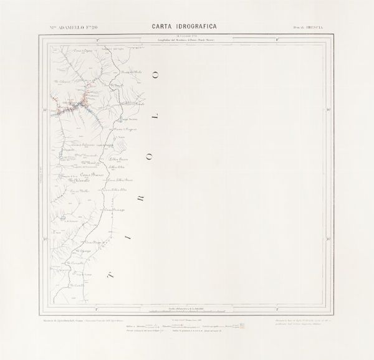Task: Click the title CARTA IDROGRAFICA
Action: (186, 26)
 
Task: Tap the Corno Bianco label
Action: (85, 176)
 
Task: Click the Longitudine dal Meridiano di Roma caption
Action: (187, 42)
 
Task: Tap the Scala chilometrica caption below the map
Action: (187, 308)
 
